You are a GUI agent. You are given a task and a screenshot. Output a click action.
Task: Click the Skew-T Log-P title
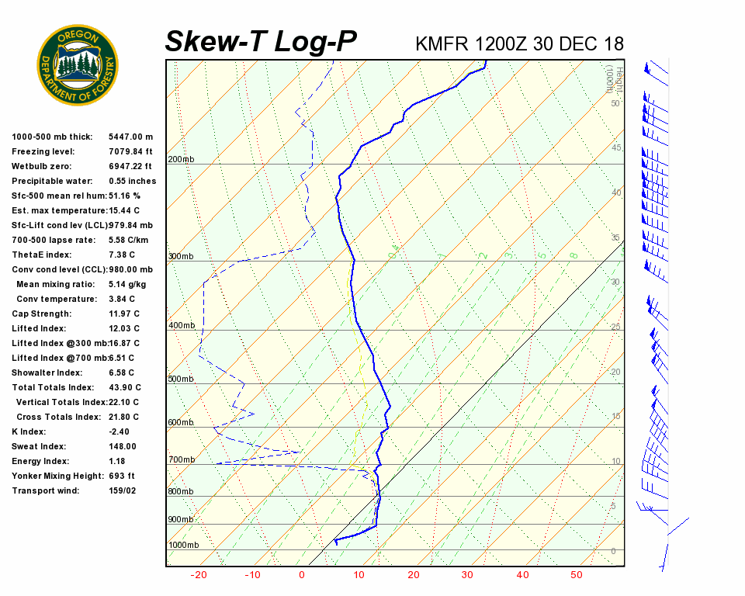tap(261, 41)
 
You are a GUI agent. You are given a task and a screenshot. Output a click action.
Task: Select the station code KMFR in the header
tap(445, 43)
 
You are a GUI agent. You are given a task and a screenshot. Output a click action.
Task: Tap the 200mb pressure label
tap(182, 160)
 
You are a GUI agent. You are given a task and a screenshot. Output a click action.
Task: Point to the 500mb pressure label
tap(182, 379)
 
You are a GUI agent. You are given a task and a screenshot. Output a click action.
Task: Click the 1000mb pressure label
tap(184, 546)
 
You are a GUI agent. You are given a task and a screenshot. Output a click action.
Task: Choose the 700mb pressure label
tap(182, 460)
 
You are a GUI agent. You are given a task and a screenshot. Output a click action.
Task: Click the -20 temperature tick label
tap(199, 575)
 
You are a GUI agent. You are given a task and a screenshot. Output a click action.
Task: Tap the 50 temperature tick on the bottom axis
tap(576, 575)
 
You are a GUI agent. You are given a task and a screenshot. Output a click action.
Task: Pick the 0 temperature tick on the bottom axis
tap(302, 575)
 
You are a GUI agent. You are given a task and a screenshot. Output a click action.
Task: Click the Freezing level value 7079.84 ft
tap(131, 151)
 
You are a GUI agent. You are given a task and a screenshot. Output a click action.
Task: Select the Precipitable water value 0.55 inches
tap(132, 181)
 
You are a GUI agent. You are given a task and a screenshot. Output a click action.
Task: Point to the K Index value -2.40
tap(121, 431)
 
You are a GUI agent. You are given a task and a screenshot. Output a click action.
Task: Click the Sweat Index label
tap(38, 446)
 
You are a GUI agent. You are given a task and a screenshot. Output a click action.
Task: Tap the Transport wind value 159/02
tap(123, 490)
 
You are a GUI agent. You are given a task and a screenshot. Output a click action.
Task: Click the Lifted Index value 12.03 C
tap(124, 328)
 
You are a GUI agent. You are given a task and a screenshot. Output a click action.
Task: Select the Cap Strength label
tap(41, 314)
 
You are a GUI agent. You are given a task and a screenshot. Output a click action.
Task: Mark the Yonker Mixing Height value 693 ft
tap(122, 476)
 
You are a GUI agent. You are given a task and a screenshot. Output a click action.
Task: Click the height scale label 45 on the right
tap(616, 148)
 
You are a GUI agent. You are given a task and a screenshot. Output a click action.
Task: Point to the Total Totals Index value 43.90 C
tap(124, 387)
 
